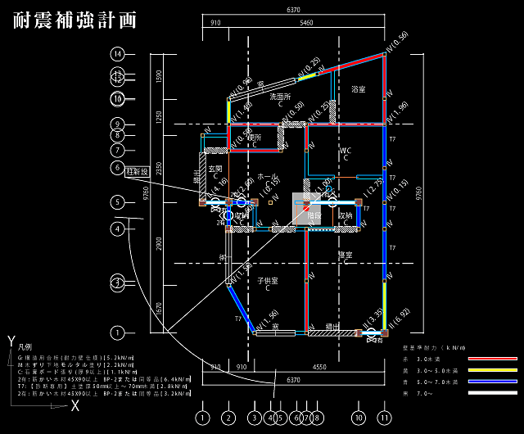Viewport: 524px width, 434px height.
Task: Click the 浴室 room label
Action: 358,88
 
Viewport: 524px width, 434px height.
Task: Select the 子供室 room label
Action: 268,281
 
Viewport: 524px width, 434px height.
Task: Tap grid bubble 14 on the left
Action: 118,54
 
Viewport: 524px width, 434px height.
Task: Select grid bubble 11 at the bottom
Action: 384,417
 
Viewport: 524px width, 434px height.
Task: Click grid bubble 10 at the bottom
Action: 358,417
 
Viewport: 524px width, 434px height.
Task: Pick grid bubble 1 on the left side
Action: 118,332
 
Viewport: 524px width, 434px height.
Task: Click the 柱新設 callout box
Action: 137,171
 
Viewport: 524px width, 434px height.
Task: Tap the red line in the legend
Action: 492,359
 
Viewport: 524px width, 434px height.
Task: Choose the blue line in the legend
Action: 492,382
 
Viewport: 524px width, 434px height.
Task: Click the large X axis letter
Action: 75,405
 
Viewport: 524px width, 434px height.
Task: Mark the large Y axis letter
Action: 11,340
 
